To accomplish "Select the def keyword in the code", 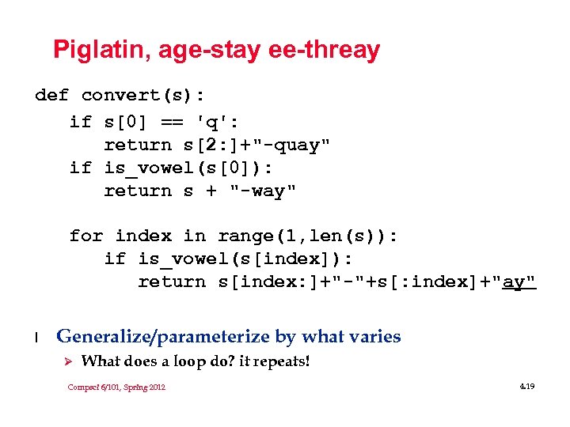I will tap(51, 96).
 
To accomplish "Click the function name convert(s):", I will tap(142, 96).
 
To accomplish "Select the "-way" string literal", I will tap(263, 191).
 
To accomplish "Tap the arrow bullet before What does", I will tap(68, 361).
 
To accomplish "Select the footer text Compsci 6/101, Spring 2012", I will tap(116, 387).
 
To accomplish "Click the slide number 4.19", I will tap(526, 386).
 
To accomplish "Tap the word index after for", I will tap(142, 236).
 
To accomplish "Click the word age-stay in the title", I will tap(209, 51).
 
